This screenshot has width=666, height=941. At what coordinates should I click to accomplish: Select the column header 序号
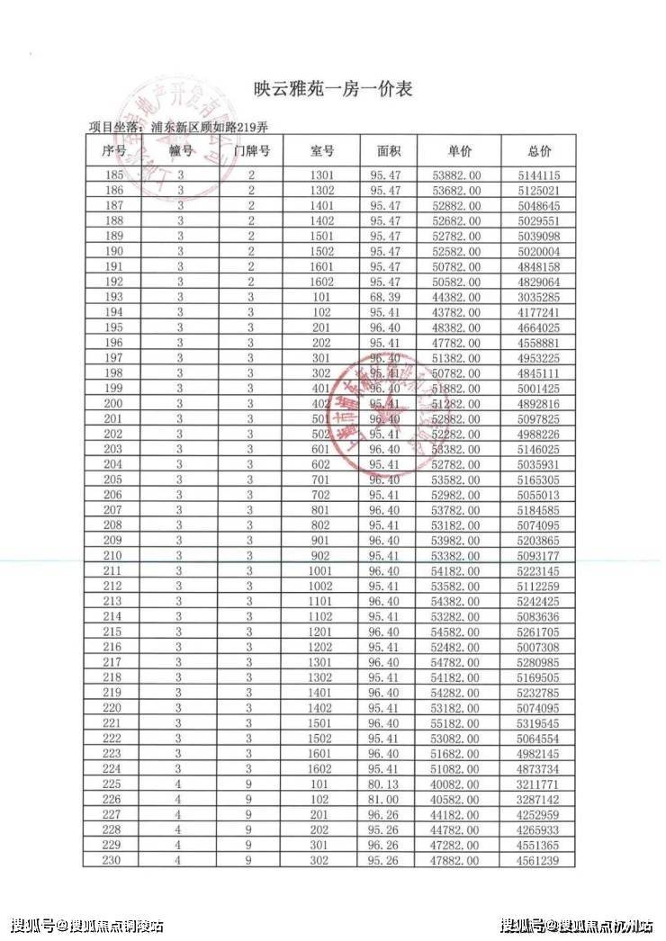(x=114, y=151)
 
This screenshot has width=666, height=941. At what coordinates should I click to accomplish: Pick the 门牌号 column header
(x=252, y=151)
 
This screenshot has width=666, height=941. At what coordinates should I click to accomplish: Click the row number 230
(x=114, y=861)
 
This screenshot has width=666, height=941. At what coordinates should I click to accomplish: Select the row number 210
(x=114, y=556)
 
